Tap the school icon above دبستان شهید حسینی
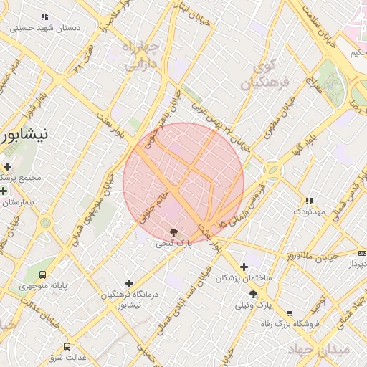point(45,16)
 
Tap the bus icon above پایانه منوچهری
point(43,274)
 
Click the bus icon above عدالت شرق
point(67,346)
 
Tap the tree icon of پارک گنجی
point(173,232)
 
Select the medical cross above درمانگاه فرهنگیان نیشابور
point(129,283)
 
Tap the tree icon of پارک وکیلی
point(253,294)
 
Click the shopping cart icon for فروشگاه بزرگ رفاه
point(290,313)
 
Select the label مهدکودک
point(309,213)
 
